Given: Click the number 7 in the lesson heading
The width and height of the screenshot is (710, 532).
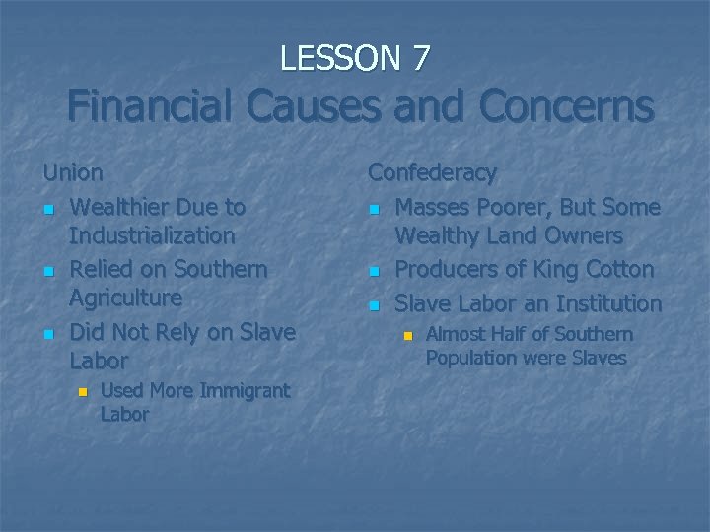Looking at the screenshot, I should coord(420,59).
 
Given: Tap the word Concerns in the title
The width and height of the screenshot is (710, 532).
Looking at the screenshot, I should coord(556,106).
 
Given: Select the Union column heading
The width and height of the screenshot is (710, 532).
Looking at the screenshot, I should coord(73,172).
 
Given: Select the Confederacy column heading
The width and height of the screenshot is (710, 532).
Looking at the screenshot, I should coord(432,172).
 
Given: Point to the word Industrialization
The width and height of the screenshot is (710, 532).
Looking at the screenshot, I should coord(153,235).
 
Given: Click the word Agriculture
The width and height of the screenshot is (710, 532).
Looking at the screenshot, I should coord(126,298).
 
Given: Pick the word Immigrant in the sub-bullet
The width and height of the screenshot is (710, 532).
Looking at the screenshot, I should coord(245,390).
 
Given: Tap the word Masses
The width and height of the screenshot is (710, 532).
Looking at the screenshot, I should coord(437,207).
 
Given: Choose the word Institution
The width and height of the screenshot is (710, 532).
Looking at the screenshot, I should coord(599,303).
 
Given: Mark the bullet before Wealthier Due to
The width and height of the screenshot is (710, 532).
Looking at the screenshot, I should coord(49,209).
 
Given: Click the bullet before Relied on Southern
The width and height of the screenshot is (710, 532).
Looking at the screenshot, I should coord(49,271).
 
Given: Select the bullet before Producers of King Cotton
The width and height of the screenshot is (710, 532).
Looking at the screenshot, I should coord(374,271).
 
